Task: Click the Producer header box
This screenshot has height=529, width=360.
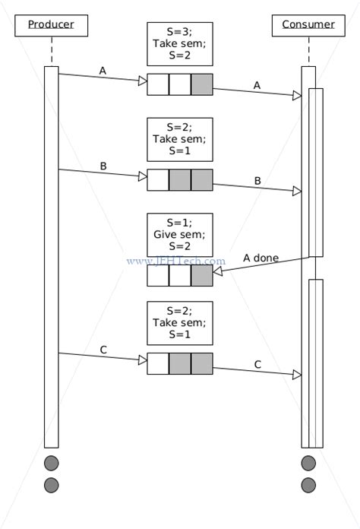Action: tap(51, 25)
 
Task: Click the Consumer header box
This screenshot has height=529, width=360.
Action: tap(308, 25)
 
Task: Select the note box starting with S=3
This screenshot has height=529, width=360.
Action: tap(179, 44)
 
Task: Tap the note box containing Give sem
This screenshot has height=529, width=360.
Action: tap(179, 234)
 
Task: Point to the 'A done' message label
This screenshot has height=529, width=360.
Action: tap(261, 258)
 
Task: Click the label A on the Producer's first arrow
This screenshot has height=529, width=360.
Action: tap(103, 70)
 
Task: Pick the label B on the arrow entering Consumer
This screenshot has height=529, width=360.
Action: tap(257, 181)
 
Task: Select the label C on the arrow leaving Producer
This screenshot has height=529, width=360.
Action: tap(103, 349)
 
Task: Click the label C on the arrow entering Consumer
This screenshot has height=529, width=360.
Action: tap(257, 364)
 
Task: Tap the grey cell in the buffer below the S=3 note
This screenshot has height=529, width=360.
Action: tap(201, 84)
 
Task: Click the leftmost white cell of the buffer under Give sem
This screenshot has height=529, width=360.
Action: tap(157, 275)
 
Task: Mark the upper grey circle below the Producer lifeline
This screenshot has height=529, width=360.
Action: tap(51, 463)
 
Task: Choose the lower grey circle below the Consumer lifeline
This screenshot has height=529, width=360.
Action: tap(308, 485)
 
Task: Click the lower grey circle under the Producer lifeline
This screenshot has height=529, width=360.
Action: tap(51, 485)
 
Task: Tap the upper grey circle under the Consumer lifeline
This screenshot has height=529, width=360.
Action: tap(308, 463)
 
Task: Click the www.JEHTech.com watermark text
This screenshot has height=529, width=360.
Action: tap(175, 261)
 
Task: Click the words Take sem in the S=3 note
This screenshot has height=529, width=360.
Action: tap(179, 44)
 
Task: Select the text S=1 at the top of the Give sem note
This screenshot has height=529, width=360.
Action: tap(179, 222)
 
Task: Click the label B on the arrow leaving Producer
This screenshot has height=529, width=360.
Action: tap(103, 165)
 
